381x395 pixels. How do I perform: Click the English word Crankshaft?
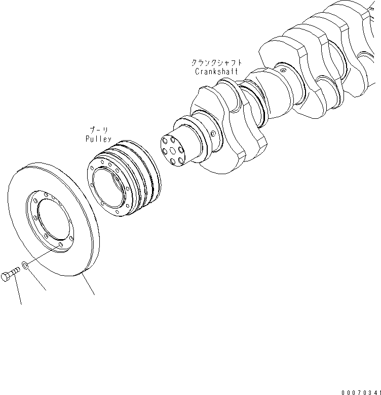[216, 72]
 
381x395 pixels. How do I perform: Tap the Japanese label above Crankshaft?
[216, 63]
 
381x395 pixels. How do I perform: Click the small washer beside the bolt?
[25, 265]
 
